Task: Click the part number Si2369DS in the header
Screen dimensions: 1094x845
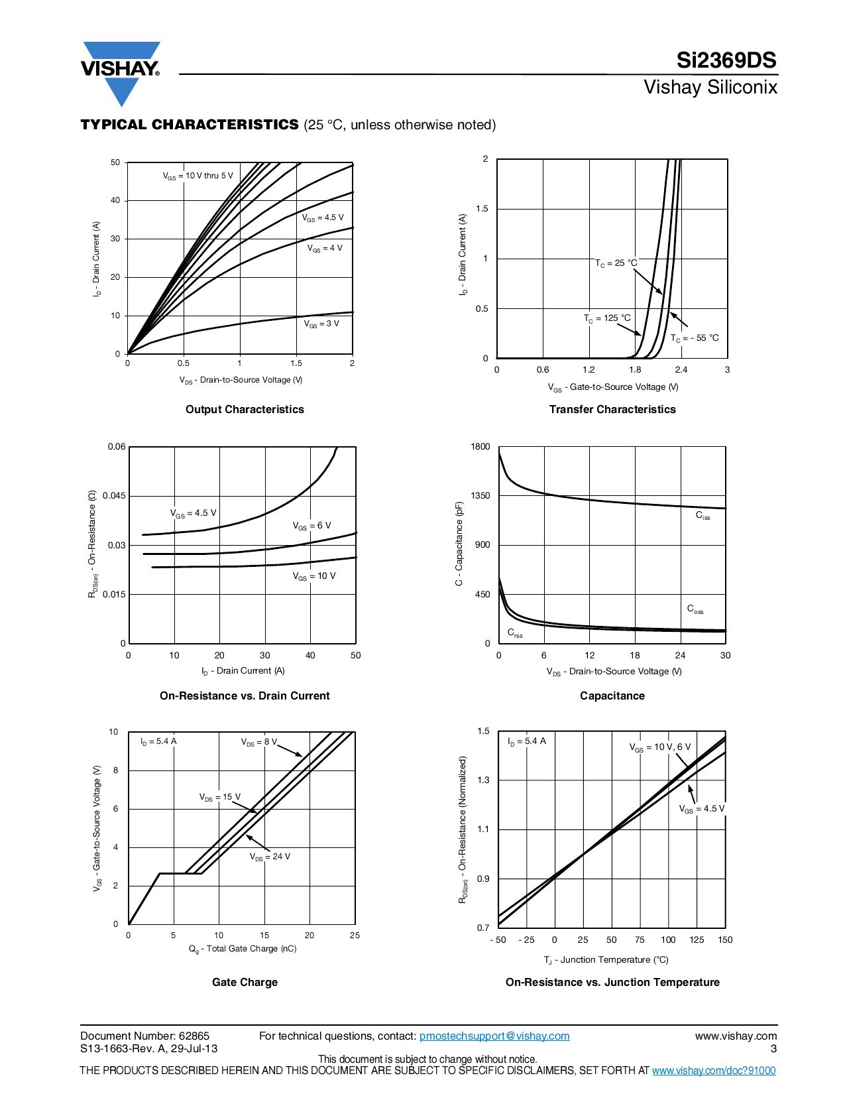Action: (726, 60)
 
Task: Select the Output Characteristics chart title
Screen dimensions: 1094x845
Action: (245, 409)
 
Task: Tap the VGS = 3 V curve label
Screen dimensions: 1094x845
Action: (321, 324)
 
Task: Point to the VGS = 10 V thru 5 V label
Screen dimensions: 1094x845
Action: (198, 176)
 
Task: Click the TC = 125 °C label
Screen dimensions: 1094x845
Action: (607, 318)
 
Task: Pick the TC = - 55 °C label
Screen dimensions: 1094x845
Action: (695, 338)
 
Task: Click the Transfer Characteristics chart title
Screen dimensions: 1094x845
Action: (612, 409)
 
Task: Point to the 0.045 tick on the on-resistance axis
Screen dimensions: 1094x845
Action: (114, 496)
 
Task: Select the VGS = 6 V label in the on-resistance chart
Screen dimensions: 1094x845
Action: (311, 526)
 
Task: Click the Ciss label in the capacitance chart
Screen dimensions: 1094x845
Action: (703, 515)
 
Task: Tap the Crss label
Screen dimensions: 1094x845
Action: (515, 633)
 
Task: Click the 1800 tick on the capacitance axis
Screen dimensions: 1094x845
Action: (480, 447)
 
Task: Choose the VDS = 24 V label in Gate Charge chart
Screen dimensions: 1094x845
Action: (270, 857)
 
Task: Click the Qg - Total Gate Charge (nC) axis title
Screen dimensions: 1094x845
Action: (243, 949)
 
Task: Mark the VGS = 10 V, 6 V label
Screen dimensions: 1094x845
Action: (659, 747)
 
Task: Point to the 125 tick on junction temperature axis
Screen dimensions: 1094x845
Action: (697, 940)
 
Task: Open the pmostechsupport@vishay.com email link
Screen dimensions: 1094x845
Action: (494, 1036)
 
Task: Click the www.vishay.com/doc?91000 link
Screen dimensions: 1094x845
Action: (714, 1070)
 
